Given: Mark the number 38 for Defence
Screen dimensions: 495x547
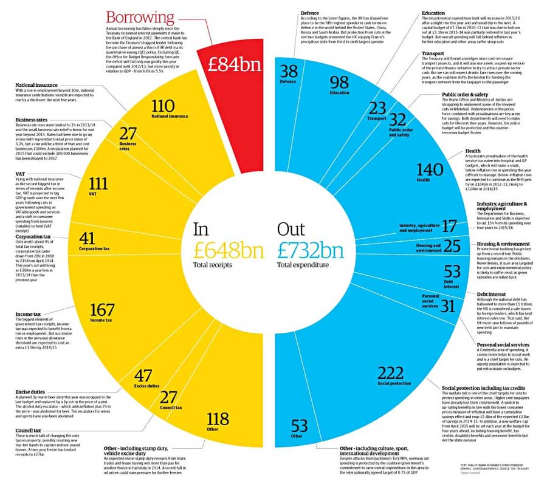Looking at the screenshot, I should point(287,71).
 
